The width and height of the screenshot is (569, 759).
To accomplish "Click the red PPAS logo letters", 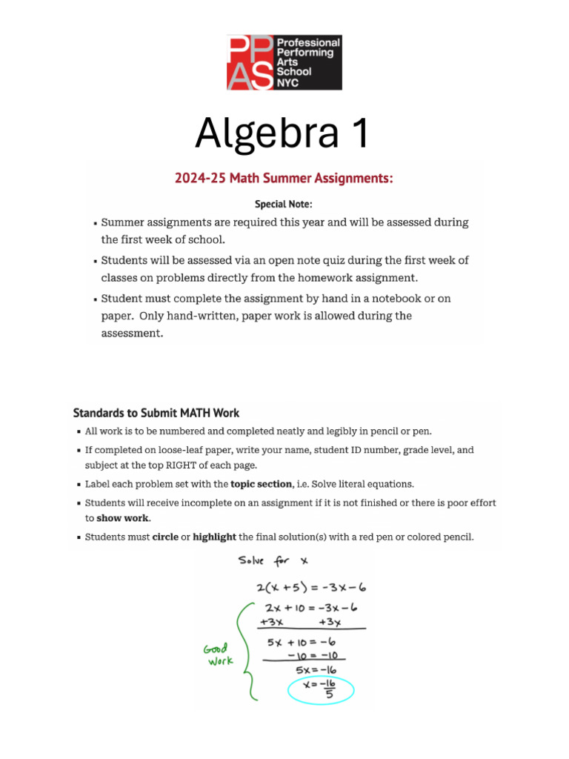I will (x=250, y=62).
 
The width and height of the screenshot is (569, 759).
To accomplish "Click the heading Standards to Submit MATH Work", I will (x=156, y=413).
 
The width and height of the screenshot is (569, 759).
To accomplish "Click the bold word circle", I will (x=165, y=537).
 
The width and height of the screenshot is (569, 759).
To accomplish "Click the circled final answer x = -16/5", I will (x=321, y=691).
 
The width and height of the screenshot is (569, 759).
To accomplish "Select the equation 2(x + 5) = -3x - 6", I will (x=312, y=589).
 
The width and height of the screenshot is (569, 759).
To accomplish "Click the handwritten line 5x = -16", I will (x=316, y=671).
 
